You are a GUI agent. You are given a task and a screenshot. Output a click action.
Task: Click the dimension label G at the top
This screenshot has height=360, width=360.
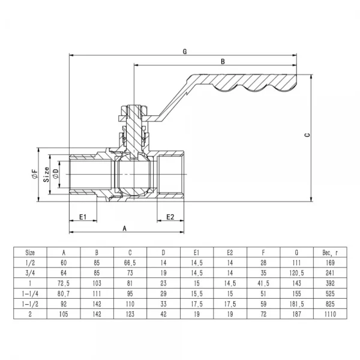coord(185,52)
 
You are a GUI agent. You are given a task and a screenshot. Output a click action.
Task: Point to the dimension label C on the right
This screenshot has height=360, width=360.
coord(306,136)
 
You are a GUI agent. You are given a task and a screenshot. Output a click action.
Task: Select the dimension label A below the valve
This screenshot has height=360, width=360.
coord(124,228)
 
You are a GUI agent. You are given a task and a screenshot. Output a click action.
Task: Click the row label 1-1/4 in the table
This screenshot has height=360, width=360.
coord(30,293)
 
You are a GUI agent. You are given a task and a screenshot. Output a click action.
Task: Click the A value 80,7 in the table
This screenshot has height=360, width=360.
coord(64,293)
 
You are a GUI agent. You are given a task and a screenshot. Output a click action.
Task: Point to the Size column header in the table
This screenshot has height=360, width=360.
coord(30,253)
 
